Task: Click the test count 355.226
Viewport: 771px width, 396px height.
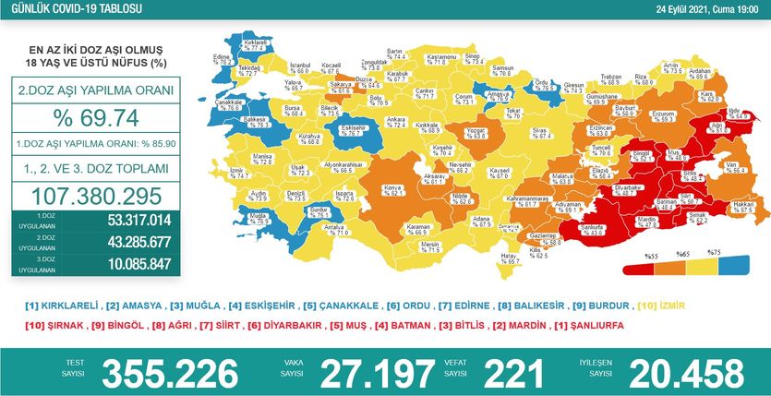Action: tap(175, 373)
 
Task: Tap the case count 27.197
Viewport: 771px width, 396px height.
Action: tap(376, 373)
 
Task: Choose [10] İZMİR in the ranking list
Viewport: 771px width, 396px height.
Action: tap(662, 305)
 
